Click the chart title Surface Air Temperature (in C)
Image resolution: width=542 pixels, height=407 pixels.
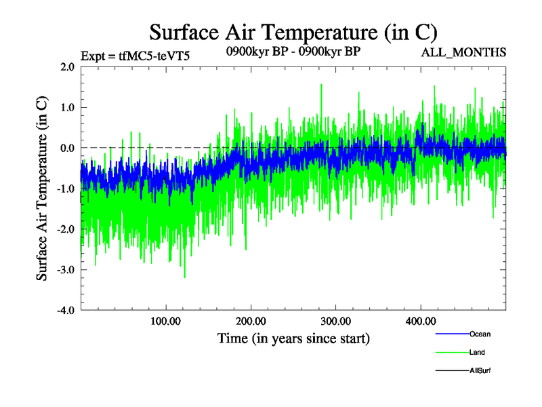293,32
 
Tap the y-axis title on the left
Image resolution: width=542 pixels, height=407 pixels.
42,189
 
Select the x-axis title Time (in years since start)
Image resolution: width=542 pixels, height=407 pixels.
293,337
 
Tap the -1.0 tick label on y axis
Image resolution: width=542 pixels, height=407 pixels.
65,189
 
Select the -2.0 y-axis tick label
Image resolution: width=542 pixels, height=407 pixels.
65,229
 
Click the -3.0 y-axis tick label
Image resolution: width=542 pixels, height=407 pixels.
65,270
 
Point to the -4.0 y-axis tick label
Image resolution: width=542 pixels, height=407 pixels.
65,311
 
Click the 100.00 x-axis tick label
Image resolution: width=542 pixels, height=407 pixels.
166,321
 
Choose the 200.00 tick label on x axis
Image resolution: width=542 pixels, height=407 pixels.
251,321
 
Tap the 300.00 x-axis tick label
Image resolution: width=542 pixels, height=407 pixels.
335,321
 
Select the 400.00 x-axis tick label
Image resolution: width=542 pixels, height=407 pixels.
420,321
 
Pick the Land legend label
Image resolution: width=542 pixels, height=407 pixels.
477,352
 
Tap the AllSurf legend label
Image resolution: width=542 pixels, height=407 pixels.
480,370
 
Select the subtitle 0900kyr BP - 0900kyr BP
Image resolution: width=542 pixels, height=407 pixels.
293,51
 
